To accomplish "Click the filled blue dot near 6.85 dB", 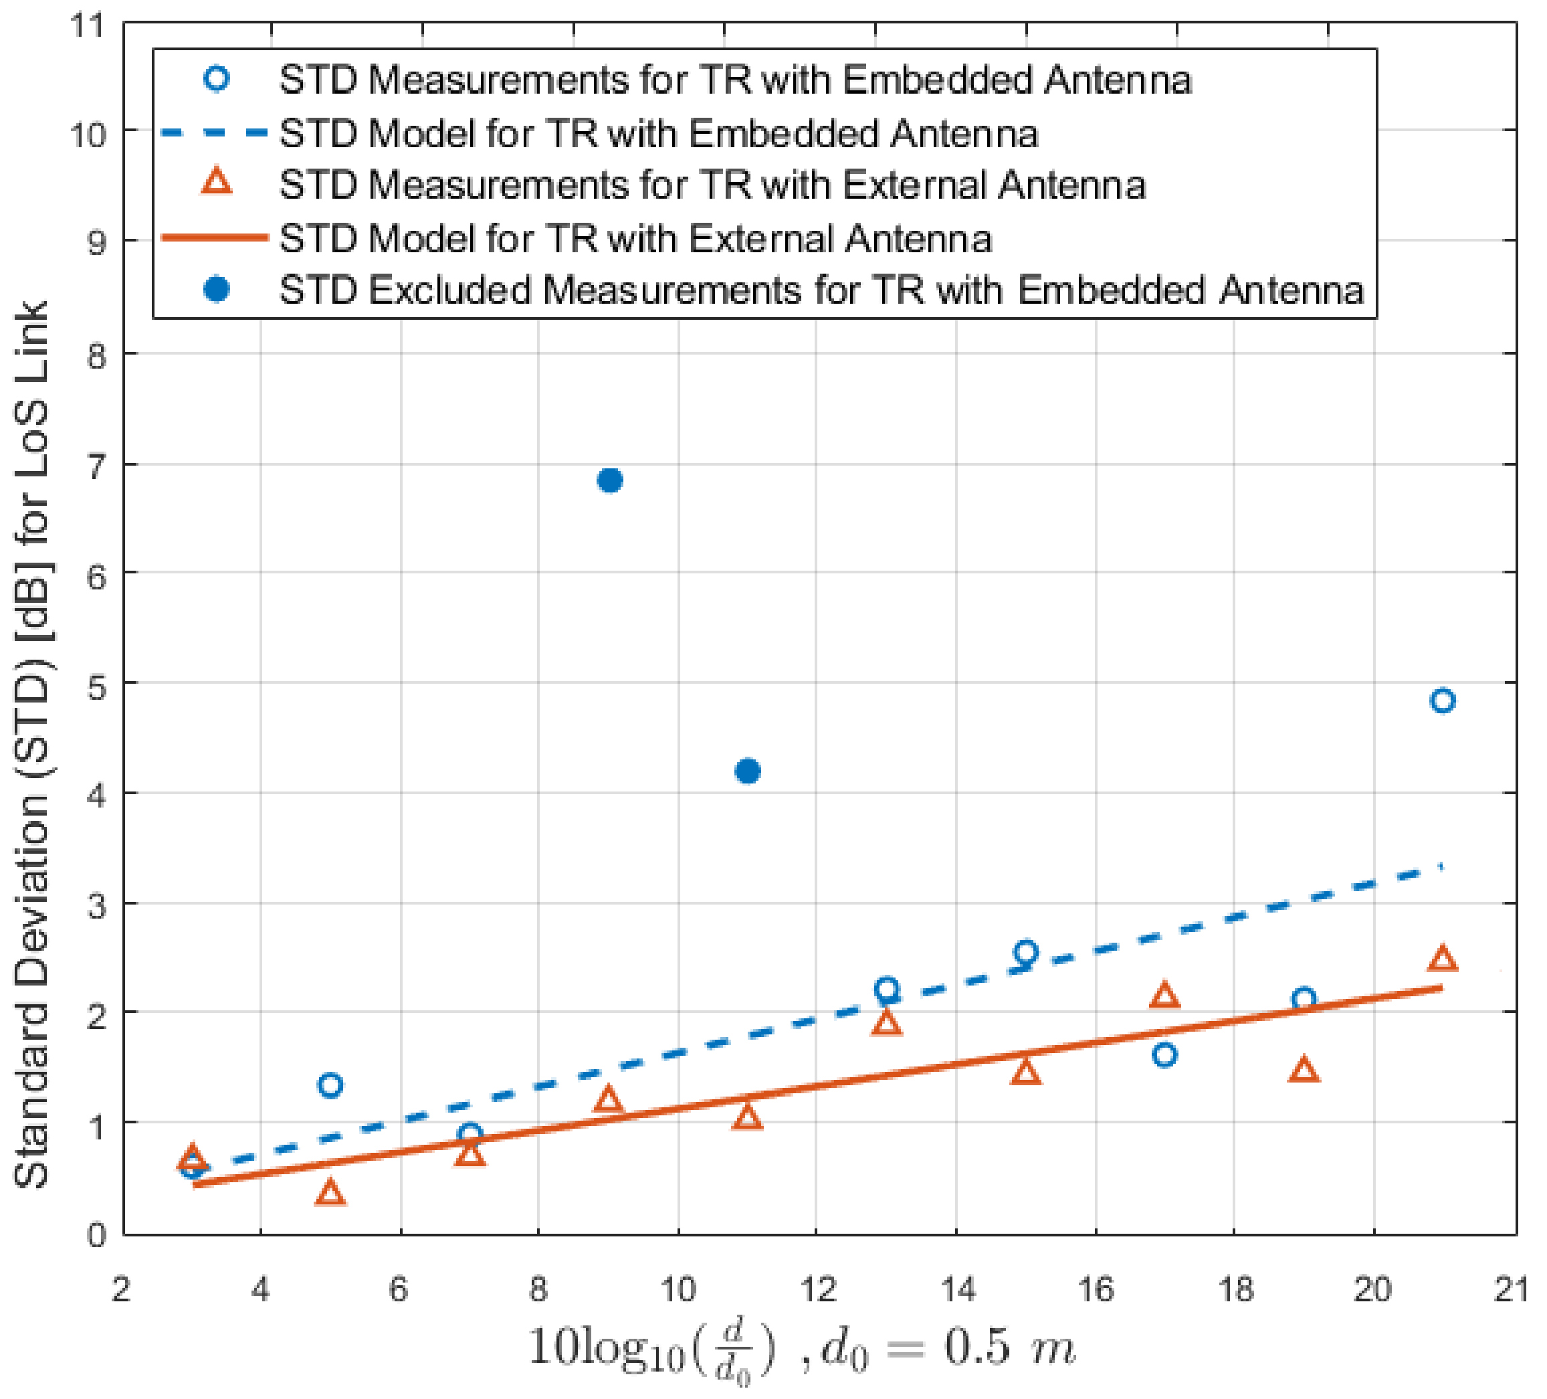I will click(609, 480).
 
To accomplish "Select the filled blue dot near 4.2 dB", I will click(748, 771).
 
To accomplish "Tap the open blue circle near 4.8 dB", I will click(1443, 701).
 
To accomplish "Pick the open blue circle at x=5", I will click(330, 1085).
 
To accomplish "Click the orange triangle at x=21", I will click(1443, 959).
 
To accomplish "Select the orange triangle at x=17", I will click(1165, 996).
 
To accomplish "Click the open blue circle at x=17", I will click(1165, 1055).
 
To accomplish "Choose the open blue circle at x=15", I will click(1026, 952).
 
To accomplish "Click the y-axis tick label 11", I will click(87, 25).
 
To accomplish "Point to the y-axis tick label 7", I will click(96, 466).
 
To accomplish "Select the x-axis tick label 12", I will click(818, 1290).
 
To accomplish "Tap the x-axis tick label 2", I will click(121, 1290).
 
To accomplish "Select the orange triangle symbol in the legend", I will click(217, 183).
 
